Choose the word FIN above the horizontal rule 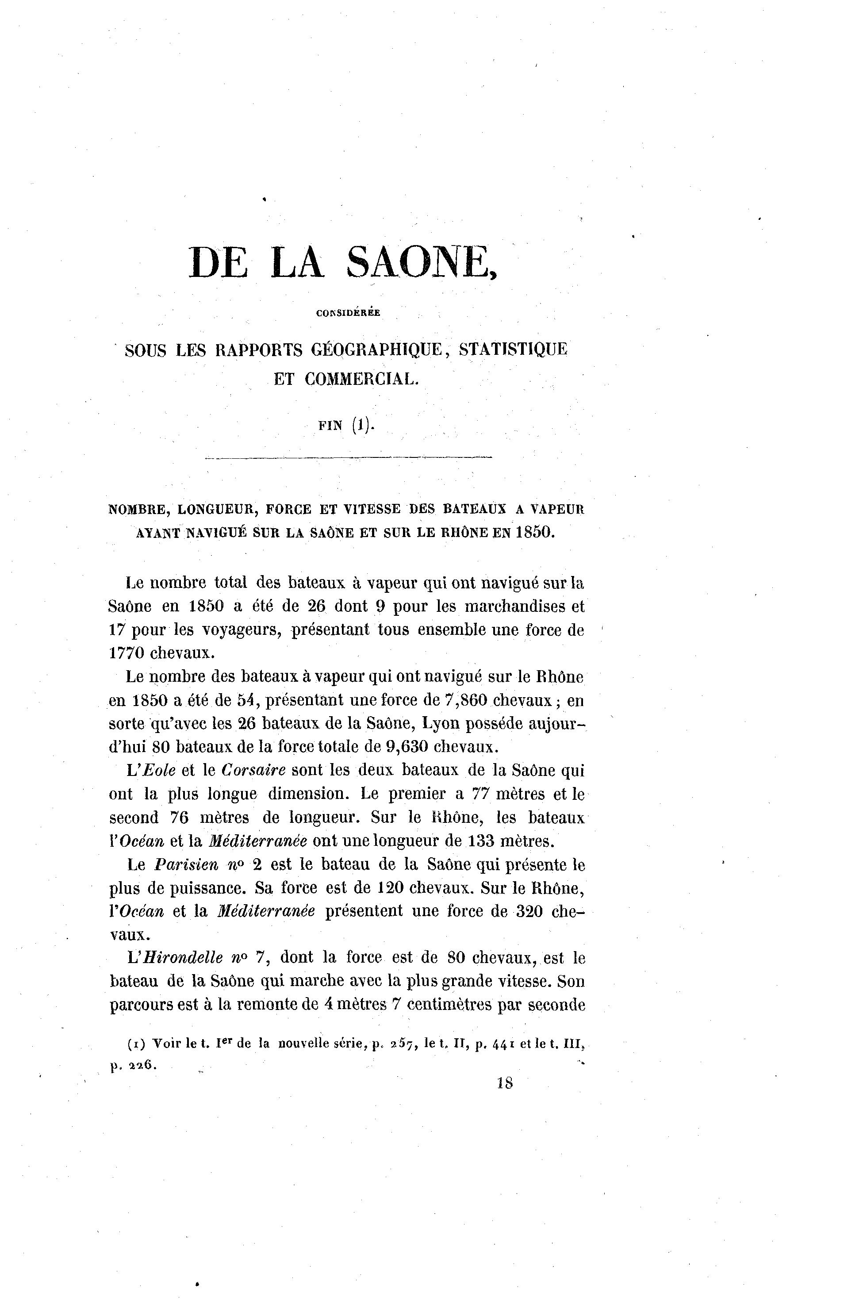point(331,427)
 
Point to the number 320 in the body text point(529,911)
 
